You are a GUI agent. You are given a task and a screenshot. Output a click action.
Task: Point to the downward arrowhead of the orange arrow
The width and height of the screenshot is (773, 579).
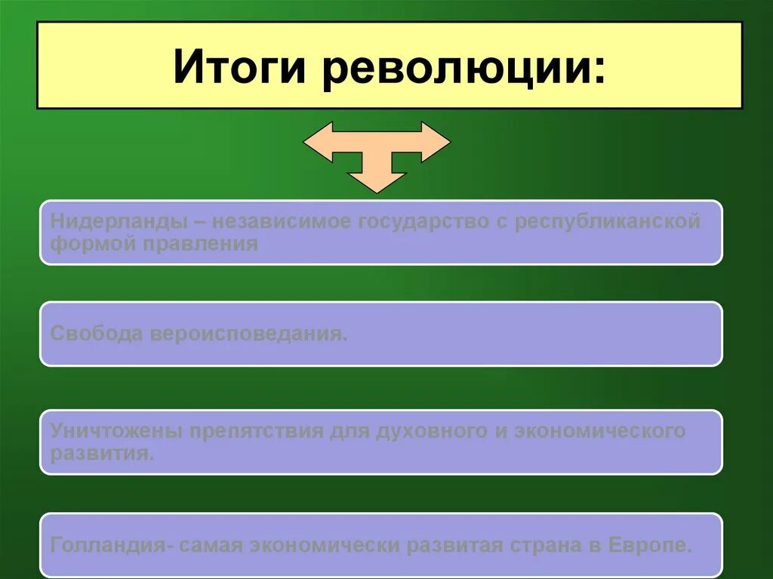pos(377,180)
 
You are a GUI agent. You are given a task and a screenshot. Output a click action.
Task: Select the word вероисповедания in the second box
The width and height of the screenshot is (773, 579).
pos(248,334)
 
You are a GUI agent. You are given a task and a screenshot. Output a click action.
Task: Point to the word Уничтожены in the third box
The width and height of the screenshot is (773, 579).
pos(116,431)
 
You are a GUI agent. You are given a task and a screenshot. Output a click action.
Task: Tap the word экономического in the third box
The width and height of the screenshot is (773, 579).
pos(599,431)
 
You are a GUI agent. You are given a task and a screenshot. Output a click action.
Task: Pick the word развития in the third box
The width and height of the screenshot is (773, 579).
pos(102,453)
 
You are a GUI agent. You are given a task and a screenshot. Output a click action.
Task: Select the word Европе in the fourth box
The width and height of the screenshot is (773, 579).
pos(652,545)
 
